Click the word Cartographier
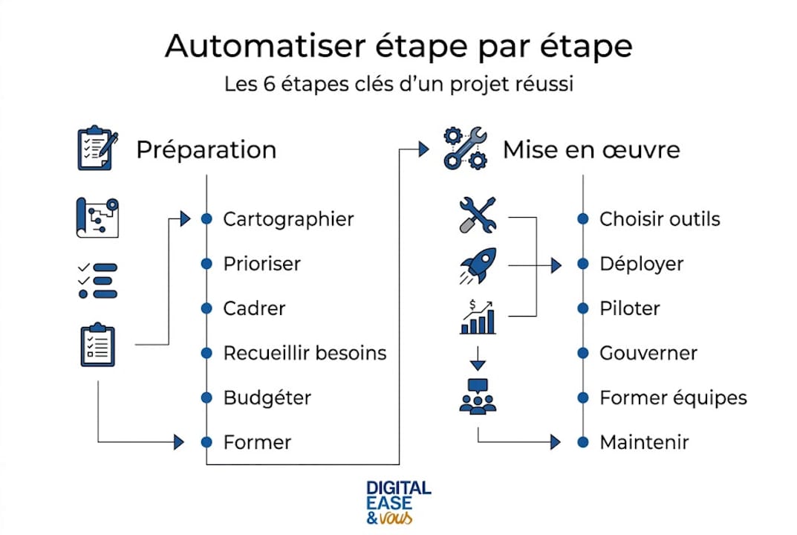288,219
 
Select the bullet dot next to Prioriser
206,264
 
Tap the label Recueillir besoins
305,353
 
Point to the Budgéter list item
267,398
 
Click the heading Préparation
206,150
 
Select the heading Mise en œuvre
591,150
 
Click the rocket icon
478,266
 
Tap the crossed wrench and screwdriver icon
478,215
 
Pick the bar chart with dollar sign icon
478,317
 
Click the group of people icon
478,396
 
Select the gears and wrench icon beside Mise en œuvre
465,149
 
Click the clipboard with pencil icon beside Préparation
97,149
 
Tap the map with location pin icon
97,217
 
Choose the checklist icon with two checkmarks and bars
97,280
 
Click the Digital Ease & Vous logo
398,502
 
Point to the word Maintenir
644,442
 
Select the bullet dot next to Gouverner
583,353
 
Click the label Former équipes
673,398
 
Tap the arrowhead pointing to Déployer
556,265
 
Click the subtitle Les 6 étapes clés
398,84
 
